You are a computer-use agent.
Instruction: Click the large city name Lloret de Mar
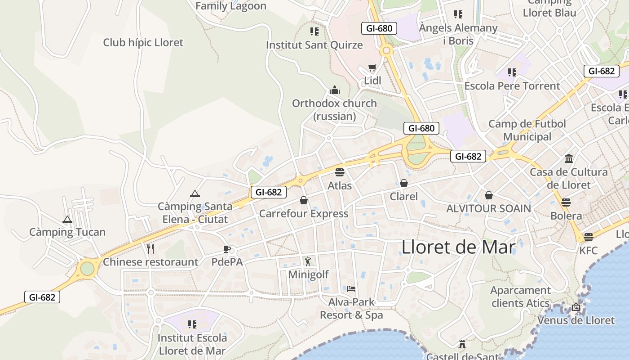[458, 247]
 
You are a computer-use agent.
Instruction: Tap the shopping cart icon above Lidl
[372, 68]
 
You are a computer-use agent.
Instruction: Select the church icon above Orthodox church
[334, 90]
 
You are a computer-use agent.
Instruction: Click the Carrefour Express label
[304, 214]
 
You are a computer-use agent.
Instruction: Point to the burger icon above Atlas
[340, 172]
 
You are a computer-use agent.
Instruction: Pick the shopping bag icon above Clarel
[404, 183]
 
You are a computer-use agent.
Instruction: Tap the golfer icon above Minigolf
[308, 261]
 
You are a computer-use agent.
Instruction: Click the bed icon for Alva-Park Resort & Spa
[351, 288]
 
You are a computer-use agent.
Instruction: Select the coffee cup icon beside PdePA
[227, 249]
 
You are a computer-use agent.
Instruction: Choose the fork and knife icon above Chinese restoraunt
[151, 248]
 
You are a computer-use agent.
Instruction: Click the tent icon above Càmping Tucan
[67, 220]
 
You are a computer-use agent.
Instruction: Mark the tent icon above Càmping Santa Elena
[195, 193]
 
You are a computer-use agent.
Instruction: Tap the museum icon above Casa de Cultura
[569, 158]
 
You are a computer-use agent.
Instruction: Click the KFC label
[589, 250]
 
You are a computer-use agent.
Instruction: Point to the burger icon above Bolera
[566, 202]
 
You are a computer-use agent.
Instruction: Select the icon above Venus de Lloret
[576, 307]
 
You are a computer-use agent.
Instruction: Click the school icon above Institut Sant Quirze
[314, 31]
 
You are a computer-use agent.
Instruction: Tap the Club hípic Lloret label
[143, 43]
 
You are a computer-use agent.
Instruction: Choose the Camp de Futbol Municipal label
[527, 130]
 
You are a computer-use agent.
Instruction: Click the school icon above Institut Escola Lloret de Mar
[192, 324]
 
